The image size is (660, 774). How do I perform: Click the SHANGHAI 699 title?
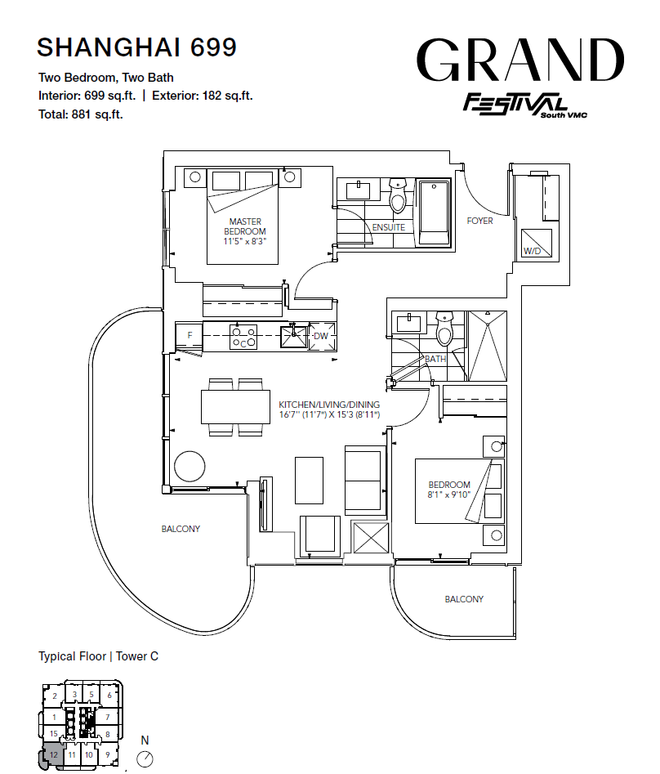click(x=136, y=47)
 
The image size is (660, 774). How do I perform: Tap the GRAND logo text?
click(x=520, y=60)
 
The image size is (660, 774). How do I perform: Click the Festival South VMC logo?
click(x=525, y=105)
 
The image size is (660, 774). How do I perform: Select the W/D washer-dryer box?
click(x=537, y=243)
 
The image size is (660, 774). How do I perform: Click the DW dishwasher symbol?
click(x=322, y=336)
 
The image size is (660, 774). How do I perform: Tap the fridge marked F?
click(x=189, y=336)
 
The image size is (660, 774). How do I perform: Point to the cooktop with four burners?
click(x=243, y=337)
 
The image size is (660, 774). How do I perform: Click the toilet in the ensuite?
click(x=398, y=195)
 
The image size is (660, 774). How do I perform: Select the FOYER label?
click(x=480, y=221)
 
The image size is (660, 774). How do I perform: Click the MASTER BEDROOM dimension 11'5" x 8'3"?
click(x=245, y=241)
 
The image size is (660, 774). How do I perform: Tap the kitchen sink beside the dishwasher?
click(x=294, y=336)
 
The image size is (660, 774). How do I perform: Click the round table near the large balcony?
click(x=190, y=466)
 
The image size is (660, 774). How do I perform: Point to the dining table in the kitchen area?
click(x=235, y=407)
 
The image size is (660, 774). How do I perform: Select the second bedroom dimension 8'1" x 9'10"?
click(x=449, y=494)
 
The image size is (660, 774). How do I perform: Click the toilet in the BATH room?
click(x=444, y=328)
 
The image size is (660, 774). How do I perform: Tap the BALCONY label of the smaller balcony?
click(x=464, y=599)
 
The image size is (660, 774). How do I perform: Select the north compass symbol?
click(x=145, y=758)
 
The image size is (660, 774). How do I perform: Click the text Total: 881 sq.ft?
click(x=81, y=114)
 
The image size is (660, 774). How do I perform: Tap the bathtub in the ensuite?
click(x=434, y=213)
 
